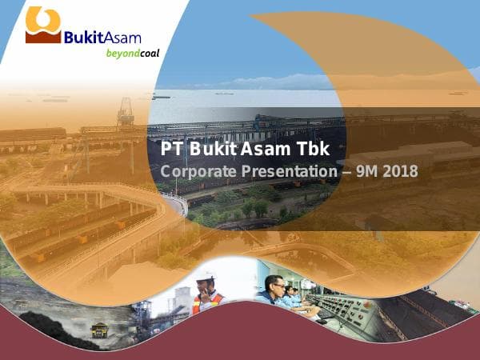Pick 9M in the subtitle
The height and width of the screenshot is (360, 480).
click(368, 170)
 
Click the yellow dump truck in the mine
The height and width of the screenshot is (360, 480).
click(100, 329)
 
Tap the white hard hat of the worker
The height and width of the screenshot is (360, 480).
click(206, 277)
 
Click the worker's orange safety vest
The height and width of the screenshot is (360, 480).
click(207, 302)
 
